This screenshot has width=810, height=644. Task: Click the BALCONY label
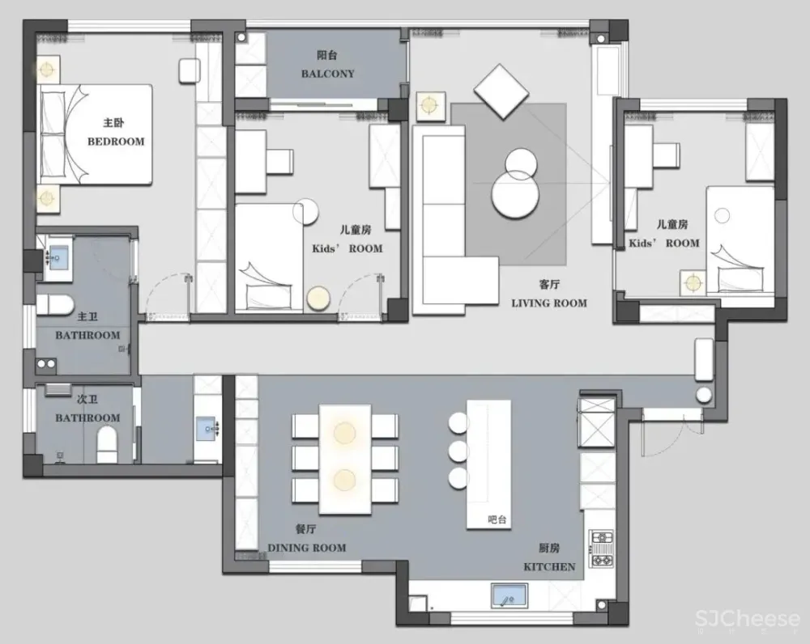(x=327, y=73)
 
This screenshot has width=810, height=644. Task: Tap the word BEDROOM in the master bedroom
(x=116, y=141)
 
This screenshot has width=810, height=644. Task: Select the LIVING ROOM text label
(x=549, y=303)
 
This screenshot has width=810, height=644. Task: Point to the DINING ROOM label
(x=306, y=548)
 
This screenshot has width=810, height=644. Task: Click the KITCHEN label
(x=549, y=566)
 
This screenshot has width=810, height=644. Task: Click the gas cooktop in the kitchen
(x=602, y=548)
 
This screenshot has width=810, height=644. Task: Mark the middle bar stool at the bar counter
(x=459, y=450)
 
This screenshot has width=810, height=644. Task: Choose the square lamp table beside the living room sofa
(x=429, y=105)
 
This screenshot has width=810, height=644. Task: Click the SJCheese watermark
(x=747, y=621)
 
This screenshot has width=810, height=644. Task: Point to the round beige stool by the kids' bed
(x=318, y=298)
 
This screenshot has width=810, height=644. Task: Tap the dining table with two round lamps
(x=345, y=458)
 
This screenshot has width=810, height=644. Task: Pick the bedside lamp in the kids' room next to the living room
(x=693, y=282)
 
